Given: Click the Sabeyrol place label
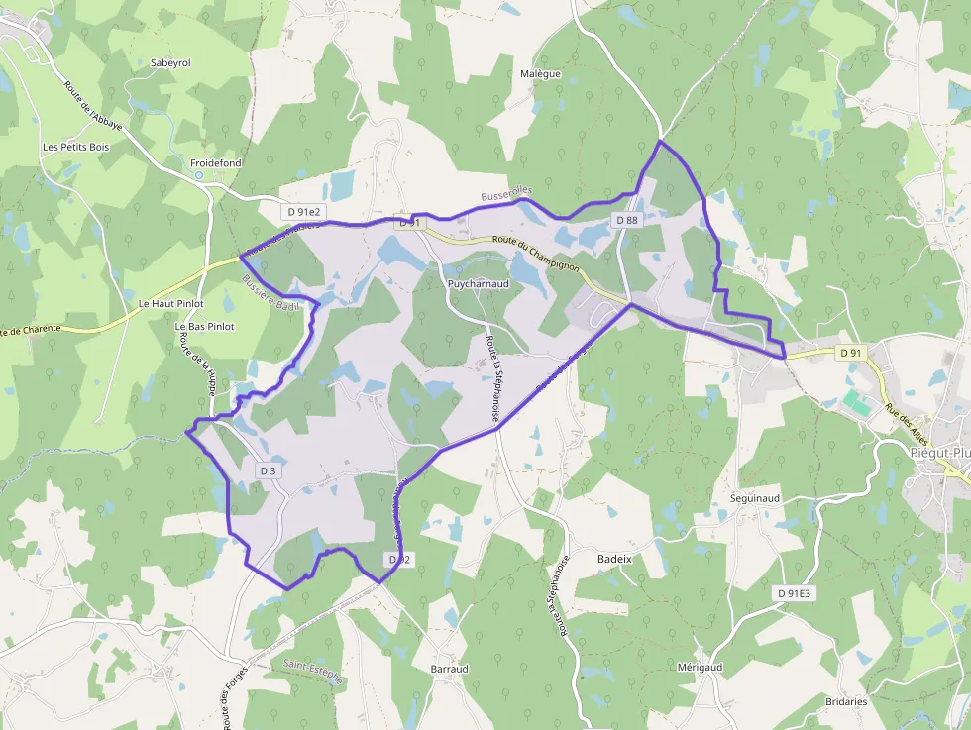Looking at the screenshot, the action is (170, 62).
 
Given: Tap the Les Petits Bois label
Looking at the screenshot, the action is (75, 147).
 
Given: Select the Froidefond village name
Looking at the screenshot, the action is (216, 162).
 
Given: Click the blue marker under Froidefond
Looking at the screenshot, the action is (199, 175).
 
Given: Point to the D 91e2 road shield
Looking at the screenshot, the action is (303, 211).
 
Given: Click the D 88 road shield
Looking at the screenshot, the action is (626, 220).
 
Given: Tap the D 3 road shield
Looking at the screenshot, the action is (268, 470).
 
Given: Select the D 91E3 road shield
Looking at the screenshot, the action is (794, 592).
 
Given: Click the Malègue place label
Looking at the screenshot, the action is (540, 74).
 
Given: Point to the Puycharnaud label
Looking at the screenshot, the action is (478, 283).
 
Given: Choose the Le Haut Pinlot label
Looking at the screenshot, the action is (170, 303).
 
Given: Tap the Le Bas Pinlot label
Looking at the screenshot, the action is (204, 326).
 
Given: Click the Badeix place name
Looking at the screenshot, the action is (614, 559).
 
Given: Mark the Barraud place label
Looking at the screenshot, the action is (449, 669).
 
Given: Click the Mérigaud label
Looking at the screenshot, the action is (700, 667).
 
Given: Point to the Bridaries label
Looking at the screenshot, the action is (845, 701).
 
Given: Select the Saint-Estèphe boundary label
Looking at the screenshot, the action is (312, 672).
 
